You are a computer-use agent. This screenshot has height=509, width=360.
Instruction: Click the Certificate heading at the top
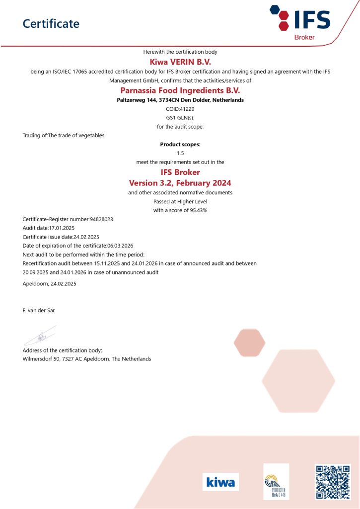pos(51,23)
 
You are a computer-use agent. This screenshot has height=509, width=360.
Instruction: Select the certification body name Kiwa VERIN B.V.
pos(180,62)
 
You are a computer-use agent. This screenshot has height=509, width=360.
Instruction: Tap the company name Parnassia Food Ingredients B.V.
pos(180,90)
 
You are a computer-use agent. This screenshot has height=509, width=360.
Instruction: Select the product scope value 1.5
pos(180,153)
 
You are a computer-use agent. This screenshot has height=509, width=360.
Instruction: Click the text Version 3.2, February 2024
pos(180,182)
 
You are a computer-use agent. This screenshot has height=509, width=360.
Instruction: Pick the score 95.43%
pos(197,210)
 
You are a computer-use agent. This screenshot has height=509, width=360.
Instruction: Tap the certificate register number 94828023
pos(105,219)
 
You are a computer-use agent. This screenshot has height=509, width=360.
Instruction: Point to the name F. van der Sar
pos(39,310)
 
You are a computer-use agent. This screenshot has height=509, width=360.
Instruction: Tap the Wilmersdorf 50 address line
pos(87,358)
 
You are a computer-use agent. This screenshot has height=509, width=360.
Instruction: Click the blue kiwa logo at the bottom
pos(220,482)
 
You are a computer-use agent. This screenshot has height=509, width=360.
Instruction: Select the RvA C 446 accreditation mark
pos(276,482)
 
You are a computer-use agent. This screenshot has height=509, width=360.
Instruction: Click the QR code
pos(333,482)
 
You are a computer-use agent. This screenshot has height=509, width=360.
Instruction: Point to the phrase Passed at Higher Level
pos(180,201)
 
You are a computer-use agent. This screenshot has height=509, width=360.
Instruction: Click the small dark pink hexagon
pos(249,342)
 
